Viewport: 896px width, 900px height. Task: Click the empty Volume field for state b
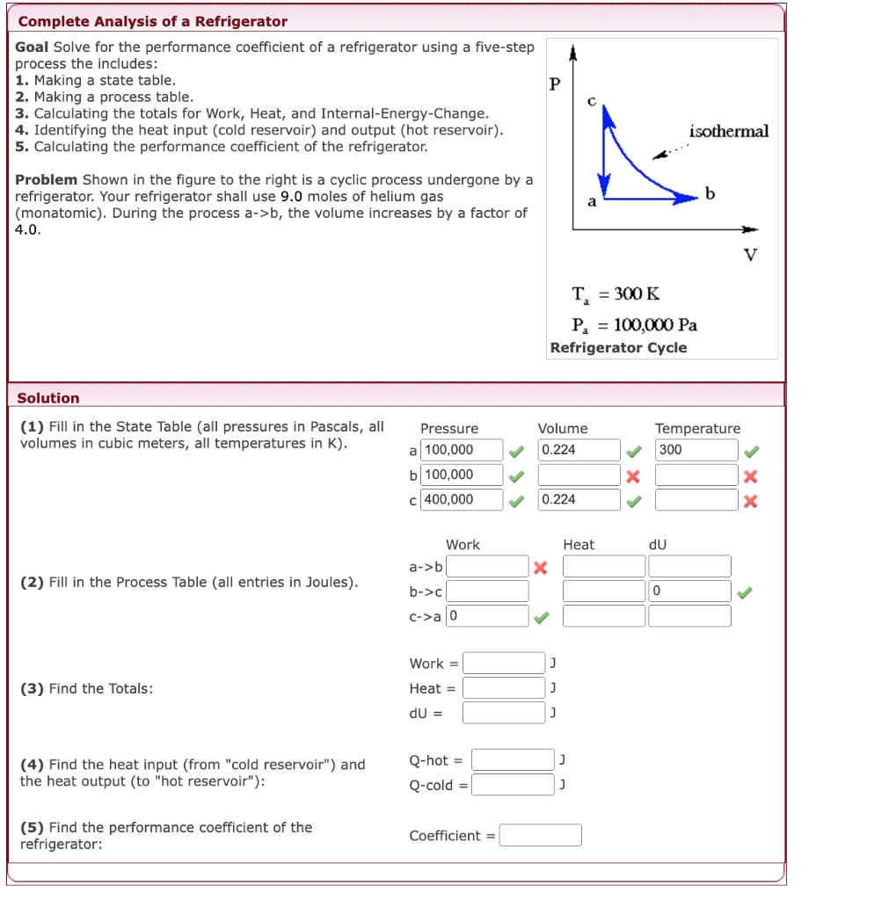click(579, 475)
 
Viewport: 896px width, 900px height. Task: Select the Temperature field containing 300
click(696, 450)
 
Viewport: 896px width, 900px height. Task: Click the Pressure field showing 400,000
click(462, 499)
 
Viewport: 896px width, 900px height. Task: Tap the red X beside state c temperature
click(750, 501)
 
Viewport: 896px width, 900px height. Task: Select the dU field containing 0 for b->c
click(689, 592)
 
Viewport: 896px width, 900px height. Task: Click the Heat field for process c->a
click(603, 616)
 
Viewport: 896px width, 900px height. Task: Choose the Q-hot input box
click(512, 760)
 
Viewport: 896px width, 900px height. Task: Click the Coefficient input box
click(540, 835)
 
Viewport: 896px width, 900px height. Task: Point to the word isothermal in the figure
click(729, 132)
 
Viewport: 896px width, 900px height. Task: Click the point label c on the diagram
click(592, 102)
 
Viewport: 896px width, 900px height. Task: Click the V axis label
click(749, 255)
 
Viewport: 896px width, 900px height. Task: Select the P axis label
click(554, 84)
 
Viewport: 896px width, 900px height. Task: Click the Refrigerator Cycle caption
click(618, 347)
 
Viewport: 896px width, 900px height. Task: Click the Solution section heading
click(48, 398)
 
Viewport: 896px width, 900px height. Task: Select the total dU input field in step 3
click(504, 712)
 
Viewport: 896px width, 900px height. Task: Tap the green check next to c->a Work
click(541, 617)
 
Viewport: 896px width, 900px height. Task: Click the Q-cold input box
click(512, 785)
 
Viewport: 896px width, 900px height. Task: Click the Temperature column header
click(697, 428)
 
